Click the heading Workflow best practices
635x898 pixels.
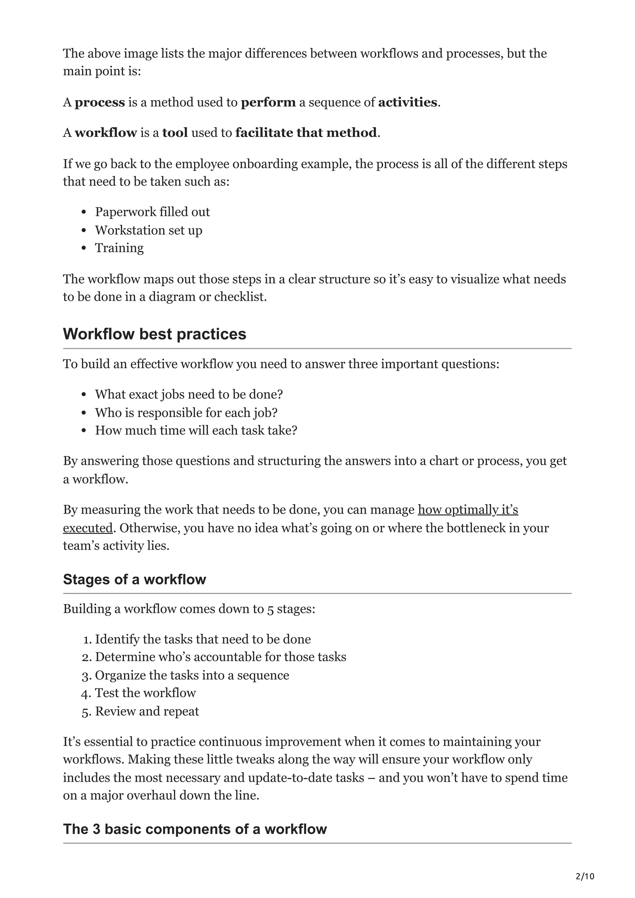pos(154,334)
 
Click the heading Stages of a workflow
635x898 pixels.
pos(134,579)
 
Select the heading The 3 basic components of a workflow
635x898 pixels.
pos(194,829)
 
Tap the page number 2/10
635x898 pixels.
pos(584,876)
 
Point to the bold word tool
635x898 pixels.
pos(175,133)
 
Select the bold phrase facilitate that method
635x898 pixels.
pos(306,133)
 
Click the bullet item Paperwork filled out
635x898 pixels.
pos(152,212)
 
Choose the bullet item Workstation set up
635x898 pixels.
pos(149,230)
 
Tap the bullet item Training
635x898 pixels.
pos(119,248)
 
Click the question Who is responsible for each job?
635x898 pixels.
pos(186,413)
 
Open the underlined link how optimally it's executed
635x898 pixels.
pos(468,510)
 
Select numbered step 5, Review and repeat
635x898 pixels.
pos(147,711)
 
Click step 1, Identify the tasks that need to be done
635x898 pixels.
pos(203,639)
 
